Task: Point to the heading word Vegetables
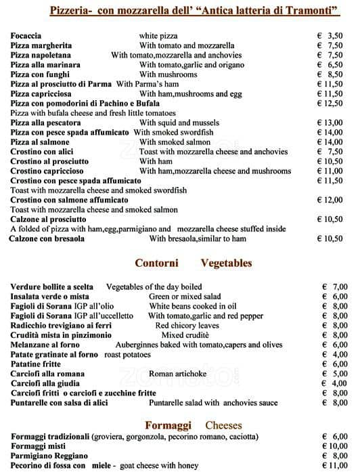[226, 263]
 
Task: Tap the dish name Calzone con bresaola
[46, 238]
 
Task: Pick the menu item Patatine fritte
[36, 364]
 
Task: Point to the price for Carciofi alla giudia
[335, 383]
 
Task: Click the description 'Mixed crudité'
[185, 335]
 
